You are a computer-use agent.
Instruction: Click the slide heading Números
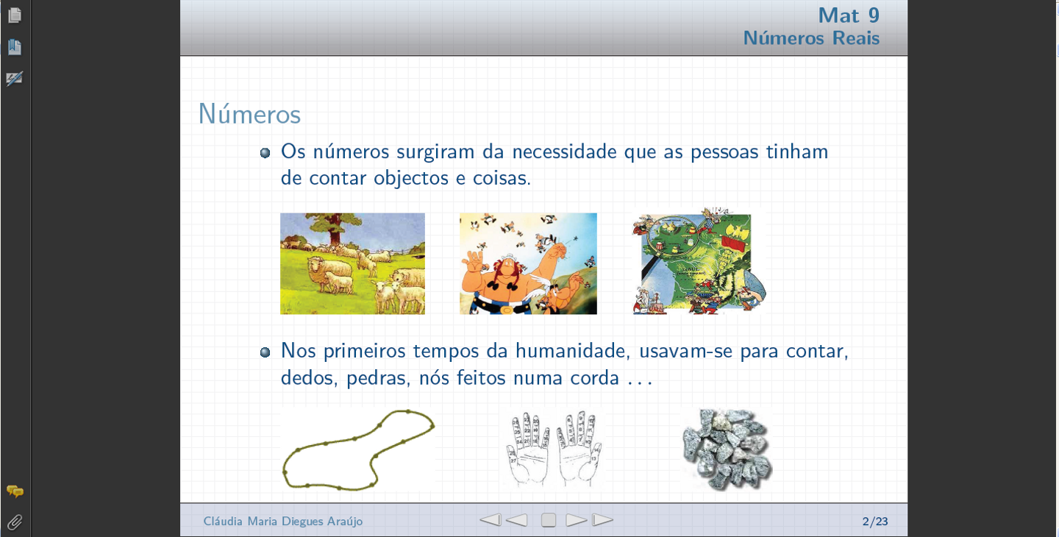[x=249, y=114]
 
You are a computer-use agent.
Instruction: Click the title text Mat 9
[x=849, y=15]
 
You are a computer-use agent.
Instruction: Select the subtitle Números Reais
[x=811, y=38]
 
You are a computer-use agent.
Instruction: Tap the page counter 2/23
[x=875, y=521]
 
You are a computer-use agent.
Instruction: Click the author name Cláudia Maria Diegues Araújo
[x=282, y=521]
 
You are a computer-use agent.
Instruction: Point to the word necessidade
[x=565, y=152]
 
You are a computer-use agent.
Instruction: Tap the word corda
[x=594, y=377]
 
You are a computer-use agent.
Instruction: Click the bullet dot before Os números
[x=265, y=153]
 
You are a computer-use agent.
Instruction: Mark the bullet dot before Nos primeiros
[x=265, y=352]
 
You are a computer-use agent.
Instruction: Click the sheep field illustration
[x=353, y=263]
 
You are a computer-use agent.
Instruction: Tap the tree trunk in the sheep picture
[x=335, y=230]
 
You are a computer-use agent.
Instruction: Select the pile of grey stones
[x=727, y=449]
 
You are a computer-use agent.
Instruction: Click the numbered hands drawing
[x=553, y=449]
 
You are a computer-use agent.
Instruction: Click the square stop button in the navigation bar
[x=549, y=520]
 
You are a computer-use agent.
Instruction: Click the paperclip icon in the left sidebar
[x=15, y=522]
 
